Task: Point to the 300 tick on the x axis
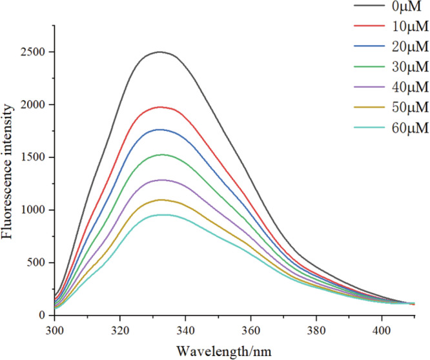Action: pos(55,328)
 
